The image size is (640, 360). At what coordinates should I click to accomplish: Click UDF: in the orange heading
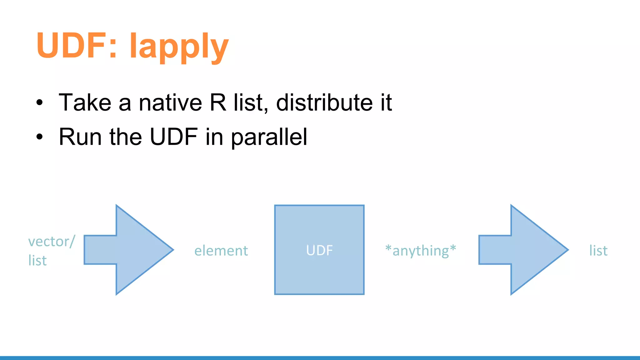77,46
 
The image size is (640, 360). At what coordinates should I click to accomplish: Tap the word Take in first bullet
85,102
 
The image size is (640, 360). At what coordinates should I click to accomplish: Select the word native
170,102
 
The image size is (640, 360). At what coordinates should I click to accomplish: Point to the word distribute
324,102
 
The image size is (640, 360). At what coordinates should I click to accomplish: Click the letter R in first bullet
218,102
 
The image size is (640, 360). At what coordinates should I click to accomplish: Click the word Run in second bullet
80,137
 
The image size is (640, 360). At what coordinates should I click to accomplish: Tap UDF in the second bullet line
173,137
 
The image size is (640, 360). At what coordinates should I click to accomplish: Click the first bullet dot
39,103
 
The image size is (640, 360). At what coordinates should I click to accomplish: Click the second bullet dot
39,137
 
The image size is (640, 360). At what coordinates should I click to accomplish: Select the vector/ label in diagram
52,242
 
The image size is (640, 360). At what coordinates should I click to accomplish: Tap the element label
221,251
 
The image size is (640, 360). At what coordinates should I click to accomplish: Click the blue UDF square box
319,250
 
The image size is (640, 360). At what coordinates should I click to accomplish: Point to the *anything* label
421,251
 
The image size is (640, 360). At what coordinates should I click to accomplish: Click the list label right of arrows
598,251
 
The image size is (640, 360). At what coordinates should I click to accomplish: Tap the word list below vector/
37,261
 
